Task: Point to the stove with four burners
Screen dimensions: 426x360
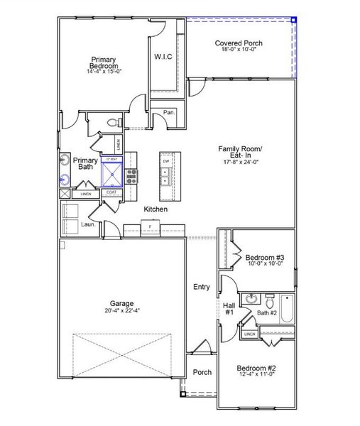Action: (x=132, y=174)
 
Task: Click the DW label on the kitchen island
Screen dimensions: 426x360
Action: (x=165, y=161)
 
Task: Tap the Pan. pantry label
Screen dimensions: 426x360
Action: (x=169, y=112)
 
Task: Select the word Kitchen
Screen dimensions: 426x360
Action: (x=156, y=209)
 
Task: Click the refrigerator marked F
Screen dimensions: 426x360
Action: (x=150, y=227)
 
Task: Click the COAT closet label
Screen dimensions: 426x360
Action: (x=111, y=192)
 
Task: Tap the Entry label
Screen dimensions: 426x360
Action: (x=201, y=287)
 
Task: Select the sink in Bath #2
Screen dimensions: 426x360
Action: (x=251, y=298)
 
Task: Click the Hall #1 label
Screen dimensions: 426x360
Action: (x=229, y=309)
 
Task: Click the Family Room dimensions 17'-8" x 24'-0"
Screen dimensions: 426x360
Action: (x=241, y=163)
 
